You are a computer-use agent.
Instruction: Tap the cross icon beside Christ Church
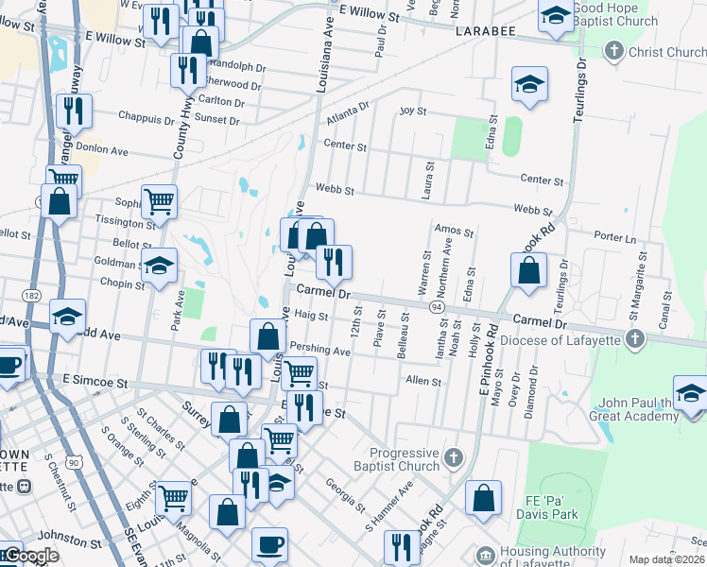tap(613, 51)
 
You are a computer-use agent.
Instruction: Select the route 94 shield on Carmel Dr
tap(437, 307)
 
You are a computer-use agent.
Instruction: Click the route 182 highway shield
tap(31, 297)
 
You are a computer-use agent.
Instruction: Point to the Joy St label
tap(413, 112)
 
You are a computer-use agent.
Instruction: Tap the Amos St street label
tap(453, 230)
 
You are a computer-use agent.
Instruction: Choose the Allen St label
tap(423, 381)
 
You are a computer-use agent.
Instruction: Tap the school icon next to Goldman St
tap(159, 267)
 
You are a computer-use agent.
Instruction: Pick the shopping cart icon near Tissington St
tap(159, 200)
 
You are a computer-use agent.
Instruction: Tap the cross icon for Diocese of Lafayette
tap(635, 338)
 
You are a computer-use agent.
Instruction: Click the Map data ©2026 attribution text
tap(666, 559)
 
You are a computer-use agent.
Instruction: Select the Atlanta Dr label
tap(348, 113)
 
